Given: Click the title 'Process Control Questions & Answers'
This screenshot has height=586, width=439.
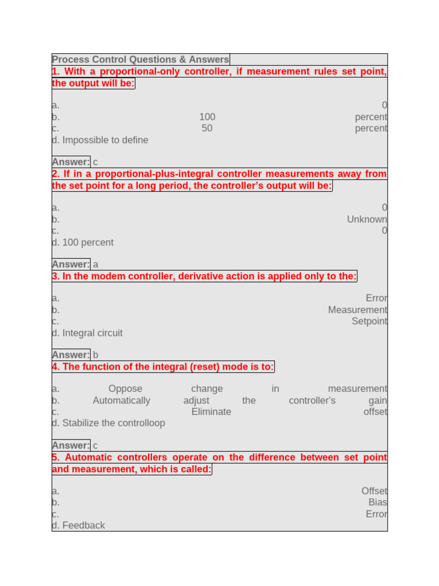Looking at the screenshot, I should coord(140,60).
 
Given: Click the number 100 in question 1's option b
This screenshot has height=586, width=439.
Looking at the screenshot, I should coord(207,117).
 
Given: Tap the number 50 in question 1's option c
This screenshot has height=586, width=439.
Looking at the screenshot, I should coord(207,128).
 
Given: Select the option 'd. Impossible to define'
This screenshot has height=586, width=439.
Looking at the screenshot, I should coord(100,140).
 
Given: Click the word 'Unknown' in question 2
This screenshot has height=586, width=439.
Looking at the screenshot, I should coord(366,219).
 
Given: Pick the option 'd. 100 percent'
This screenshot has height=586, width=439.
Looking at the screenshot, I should coord(83,243).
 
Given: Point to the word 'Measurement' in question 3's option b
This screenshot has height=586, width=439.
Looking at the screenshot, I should coord(357,310).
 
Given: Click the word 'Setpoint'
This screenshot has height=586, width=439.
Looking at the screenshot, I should coord(369,321).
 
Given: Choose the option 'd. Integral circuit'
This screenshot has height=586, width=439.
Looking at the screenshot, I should coord(87,333).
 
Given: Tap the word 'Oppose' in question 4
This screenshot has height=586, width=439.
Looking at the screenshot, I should coord(125,389).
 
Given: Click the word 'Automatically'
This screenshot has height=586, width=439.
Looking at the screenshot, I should coord(121,400).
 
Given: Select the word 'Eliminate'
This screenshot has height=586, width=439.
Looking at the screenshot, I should coord(211,411).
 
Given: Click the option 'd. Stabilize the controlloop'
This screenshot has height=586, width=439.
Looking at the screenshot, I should coord(108,423).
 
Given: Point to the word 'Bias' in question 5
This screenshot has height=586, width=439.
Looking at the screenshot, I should coord(377,502).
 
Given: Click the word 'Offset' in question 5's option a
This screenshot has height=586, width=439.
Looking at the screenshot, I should coord(374,491).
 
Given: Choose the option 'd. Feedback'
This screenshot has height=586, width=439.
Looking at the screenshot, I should coord(78,525).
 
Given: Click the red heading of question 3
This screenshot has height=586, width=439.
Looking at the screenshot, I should coord(205,276).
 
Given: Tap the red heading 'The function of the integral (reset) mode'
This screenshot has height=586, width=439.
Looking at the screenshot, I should coord(163,367).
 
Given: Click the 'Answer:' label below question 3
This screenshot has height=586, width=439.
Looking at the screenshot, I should coord(71,355).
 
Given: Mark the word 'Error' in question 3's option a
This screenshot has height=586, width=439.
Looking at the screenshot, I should coord(376,298).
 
